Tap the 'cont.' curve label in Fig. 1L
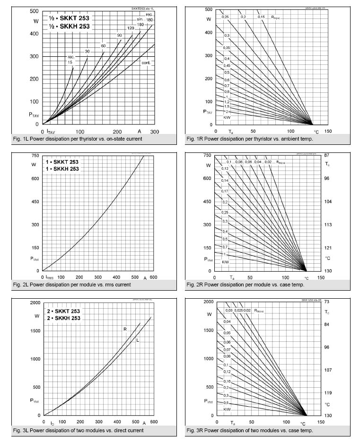(x=146, y=62)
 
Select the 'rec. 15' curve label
(x=70, y=60)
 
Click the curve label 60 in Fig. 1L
(x=103, y=45)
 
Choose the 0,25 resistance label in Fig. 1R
(x=226, y=17)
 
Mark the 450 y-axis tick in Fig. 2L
(x=35, y=202)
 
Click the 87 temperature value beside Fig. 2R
(x=327, y=156)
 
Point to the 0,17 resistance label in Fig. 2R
(x=225, y=191)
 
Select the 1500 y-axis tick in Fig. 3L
(x=34, y=330)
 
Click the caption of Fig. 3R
(x=265, y=430)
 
